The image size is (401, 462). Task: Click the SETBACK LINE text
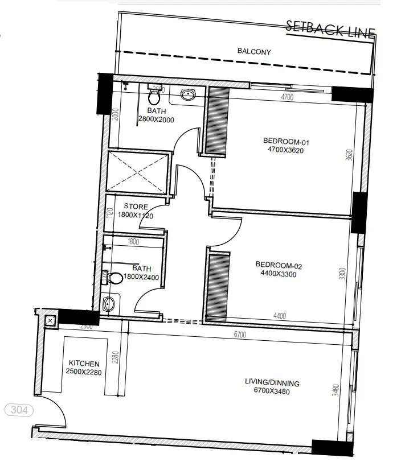[330, 29]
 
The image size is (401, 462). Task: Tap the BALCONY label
[254, 52]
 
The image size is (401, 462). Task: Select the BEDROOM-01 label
[281, 142]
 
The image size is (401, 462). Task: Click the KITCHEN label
[84, 364]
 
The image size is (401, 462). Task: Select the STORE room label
[136, 207]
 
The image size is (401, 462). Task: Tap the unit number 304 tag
[19, 410]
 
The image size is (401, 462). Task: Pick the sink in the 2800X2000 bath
[187, 94]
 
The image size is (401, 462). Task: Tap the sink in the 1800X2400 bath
[109, 305]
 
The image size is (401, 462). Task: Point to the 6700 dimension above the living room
[239, 335]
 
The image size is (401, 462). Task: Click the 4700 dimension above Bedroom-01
[288, 97]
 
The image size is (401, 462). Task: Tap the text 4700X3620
[281, 150]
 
